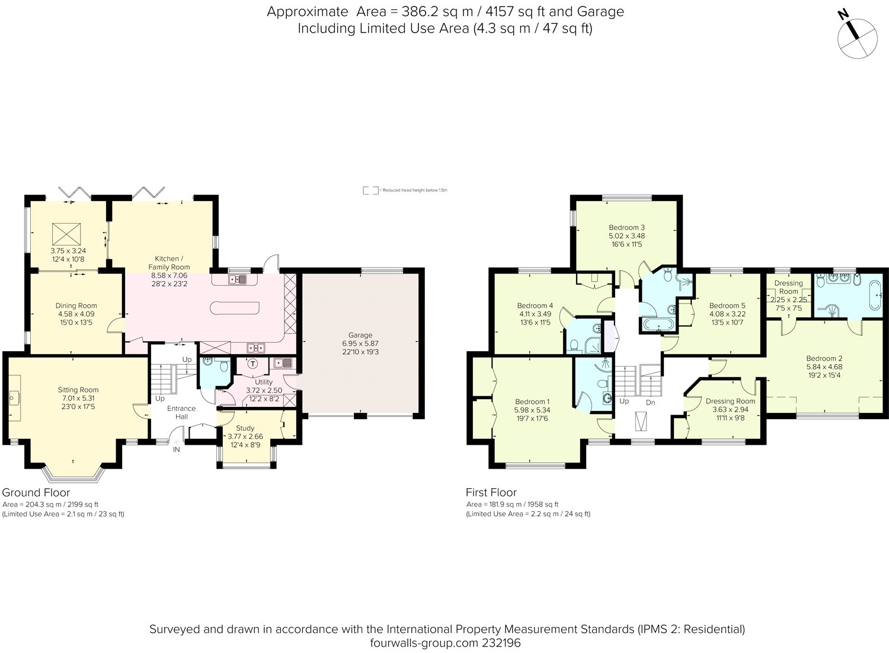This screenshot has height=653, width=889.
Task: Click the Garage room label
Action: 360,335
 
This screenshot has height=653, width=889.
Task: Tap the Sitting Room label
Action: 78,390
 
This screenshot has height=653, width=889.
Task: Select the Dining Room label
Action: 76,306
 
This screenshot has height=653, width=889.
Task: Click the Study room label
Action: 245,428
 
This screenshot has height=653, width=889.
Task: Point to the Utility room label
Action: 264,382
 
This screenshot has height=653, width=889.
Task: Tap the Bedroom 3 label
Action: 626,227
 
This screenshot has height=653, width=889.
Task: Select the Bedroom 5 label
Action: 727,305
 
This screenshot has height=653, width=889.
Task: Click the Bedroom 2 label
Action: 824,358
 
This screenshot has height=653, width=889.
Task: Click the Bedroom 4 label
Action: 535,305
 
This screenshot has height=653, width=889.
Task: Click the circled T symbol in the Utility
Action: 254,364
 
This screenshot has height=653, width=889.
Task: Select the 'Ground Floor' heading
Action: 36,492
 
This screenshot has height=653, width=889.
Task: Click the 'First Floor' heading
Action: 491,492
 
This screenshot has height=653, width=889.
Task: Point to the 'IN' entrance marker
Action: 176,450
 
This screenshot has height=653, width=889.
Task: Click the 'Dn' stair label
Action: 650,402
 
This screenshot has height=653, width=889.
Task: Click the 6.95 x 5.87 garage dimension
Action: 360,343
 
